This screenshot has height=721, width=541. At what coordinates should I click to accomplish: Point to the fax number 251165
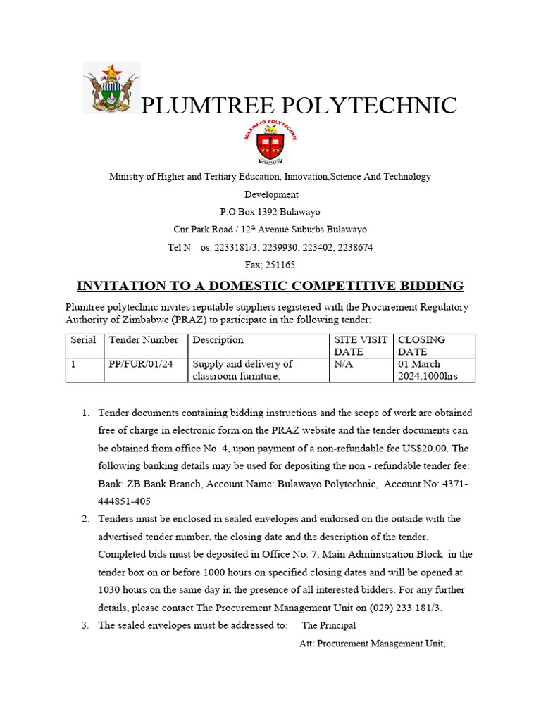281,265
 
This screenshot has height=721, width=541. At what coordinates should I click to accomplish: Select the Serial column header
83,340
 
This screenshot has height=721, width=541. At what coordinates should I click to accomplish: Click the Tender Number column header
144,340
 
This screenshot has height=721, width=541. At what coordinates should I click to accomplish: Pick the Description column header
218,340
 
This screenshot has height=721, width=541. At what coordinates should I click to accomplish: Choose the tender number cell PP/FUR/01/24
141,364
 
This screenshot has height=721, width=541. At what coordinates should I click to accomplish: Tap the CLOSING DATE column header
421,346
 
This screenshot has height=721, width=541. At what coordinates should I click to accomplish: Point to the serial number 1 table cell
73,364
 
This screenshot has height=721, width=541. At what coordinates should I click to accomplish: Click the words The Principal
329,625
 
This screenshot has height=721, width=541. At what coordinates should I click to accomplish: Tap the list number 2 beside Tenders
85,519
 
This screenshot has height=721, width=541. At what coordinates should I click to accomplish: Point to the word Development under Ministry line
271,194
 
